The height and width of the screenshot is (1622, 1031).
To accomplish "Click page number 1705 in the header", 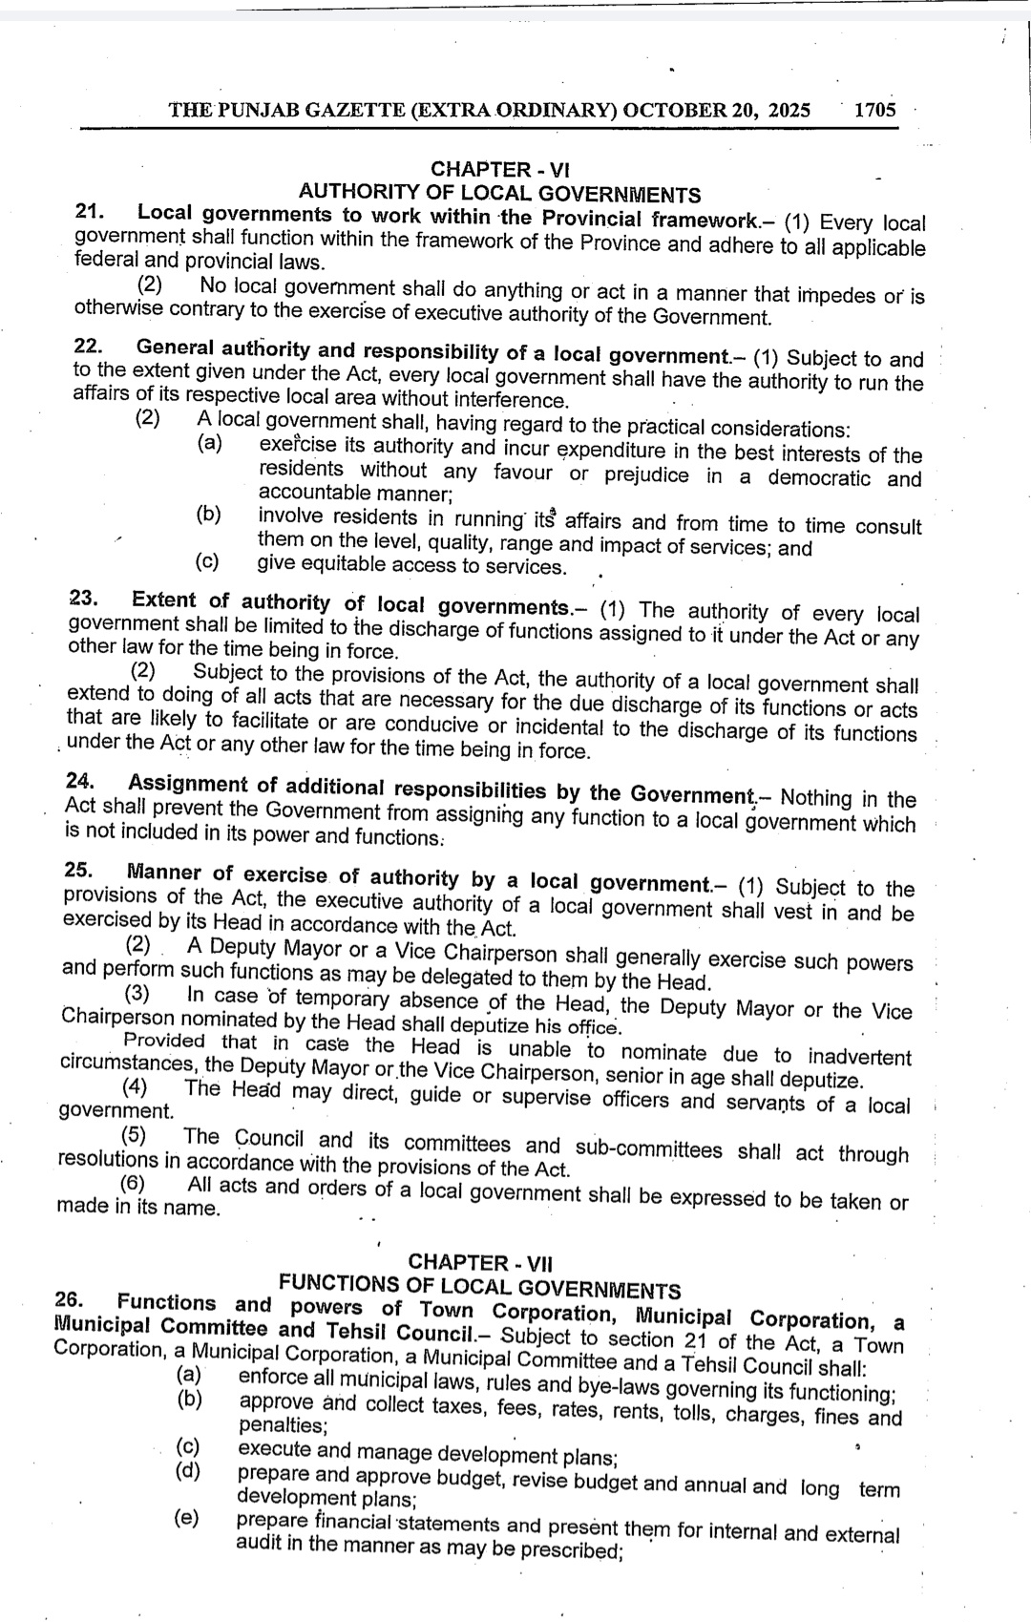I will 874,110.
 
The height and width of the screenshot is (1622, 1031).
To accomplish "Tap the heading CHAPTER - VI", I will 500,170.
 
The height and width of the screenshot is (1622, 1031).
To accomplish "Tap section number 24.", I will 81,781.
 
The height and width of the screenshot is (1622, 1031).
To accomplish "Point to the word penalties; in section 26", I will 283,1425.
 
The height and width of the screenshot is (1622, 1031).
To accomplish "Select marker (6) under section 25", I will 133,1184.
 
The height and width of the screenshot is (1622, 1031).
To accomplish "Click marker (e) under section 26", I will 186,1517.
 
